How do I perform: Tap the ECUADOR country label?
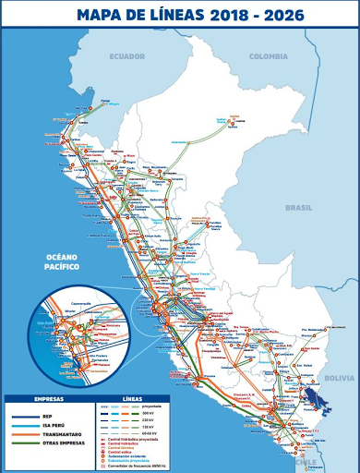pyautogui.click(x=127, y=56)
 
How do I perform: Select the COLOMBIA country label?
pyautogui.click(x=269, y=56)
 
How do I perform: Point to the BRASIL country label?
pyautogui.click(x=298, y=208)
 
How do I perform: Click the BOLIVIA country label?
pyautogui.click(x=339, y=378)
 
